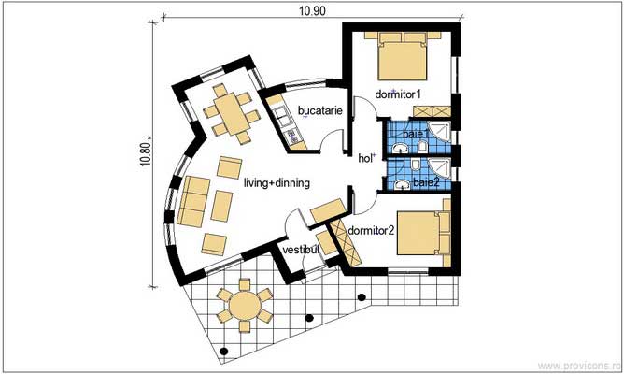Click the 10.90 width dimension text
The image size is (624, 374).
click(x=312, y=11)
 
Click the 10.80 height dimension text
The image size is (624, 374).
click(x=146, y=148)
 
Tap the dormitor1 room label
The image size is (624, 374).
click(x=399, y=95)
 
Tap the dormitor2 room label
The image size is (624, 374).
click(x=372, y=228)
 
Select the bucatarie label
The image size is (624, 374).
click(x=319, y=111)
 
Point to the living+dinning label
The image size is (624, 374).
click(x=277, y=183)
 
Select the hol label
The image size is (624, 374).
click(x=365, y=158)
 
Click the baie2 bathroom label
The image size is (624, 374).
click(x=427, y=182)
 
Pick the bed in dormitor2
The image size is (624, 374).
click(x=425, y=234)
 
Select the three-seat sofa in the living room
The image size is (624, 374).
click(x=194, y=199)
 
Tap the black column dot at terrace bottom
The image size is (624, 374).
click(x=224, y=352)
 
